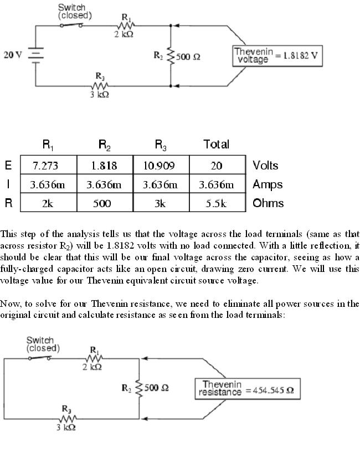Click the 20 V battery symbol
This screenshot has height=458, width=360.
pos(36,56)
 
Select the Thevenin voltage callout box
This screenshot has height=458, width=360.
pos(277,55)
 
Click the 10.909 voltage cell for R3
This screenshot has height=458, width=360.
pos(161,166)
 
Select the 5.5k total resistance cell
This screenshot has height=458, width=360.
pos(217,203)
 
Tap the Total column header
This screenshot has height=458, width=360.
pos(216,145)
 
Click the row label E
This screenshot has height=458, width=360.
pos(8,166)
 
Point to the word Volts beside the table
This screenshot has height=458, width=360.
pos(265,166)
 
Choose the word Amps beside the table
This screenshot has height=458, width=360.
pos(268,184)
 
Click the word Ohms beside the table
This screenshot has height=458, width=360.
pos(268,203)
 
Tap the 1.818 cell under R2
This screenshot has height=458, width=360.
pos(104,166)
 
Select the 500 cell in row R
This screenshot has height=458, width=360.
pos(104,203)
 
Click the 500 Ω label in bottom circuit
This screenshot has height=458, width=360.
pos(157,388)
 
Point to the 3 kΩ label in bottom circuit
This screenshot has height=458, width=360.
pos(66,428)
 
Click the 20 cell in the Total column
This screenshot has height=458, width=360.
pos(217,166)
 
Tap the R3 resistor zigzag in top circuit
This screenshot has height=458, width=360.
pos(100,86)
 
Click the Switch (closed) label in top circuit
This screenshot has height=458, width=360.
pos(72,12)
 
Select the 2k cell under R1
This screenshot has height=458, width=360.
pos(48,203)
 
